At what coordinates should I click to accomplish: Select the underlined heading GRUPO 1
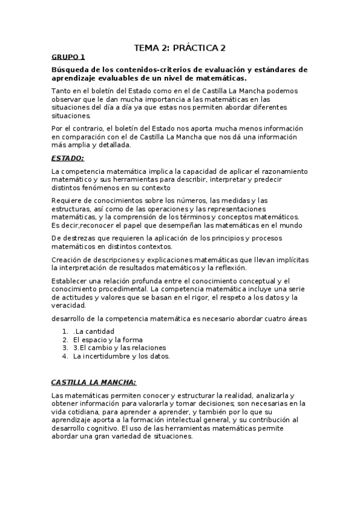(x=68, y=57)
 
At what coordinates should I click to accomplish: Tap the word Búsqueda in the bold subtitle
(x=69, y=70)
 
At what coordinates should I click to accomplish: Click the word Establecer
(x=71, y=280)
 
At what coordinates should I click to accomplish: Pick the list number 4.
(x=65, y=356)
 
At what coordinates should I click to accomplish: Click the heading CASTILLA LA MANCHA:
(x=94, y=382)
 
